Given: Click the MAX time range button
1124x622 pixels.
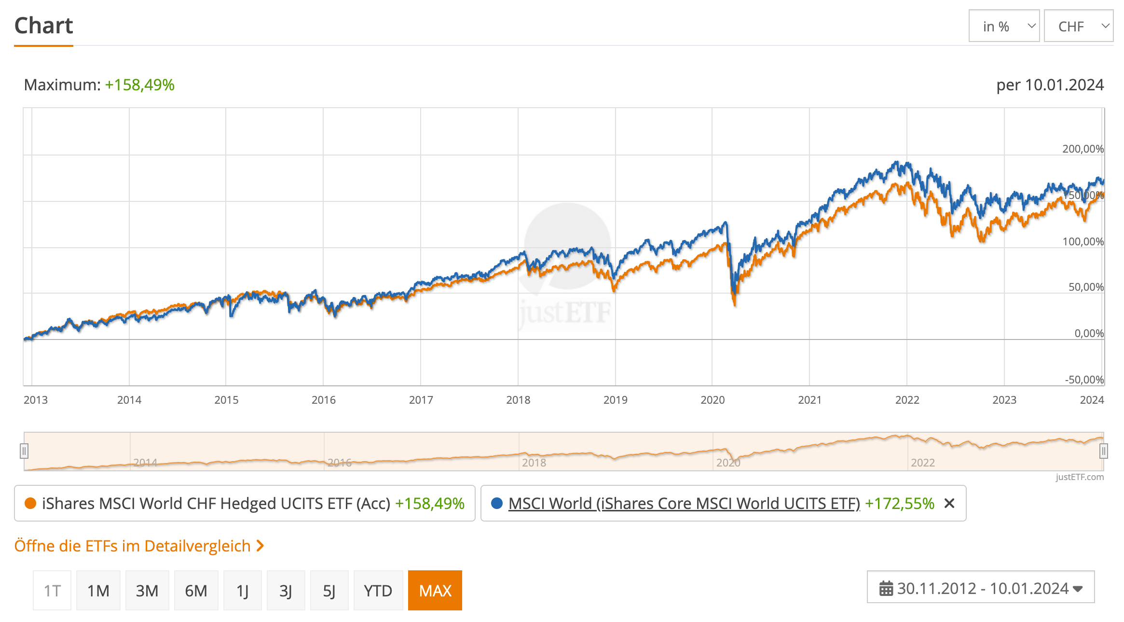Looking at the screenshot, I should click(x=435, y=591).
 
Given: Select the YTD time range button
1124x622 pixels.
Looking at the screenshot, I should click(x=378, y=591).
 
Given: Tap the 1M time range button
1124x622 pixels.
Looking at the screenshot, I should click(x=98, y=591).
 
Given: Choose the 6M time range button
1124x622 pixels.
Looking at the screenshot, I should click(x=196, y=591).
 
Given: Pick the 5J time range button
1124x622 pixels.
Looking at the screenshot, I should click(x=329, y=591).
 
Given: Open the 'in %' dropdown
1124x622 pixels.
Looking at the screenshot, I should click(x=1003, y=26).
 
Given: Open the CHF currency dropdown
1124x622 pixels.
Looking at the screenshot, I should click(x=1078, y=26).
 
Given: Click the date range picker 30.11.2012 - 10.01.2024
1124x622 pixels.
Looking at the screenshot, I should click(x=980, y=588).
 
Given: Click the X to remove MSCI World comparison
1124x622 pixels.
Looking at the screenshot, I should click(x=949, y=503).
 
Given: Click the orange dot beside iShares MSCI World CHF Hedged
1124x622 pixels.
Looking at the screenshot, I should click(x=30, y=503).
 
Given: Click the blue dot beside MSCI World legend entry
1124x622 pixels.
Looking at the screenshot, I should click(x=496, y=503).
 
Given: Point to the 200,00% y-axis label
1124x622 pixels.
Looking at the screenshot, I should click(x=1083, y=149).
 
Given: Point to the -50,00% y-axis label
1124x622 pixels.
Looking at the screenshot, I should click(x=1084, y=380).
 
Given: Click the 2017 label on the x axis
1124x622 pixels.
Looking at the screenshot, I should click(x=421, y=400).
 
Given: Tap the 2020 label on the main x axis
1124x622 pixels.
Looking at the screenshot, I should click(x=713, y=400).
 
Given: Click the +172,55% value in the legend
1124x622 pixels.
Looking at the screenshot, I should click(x=899, y=503).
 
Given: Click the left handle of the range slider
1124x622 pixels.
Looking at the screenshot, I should click(x=24, y=451).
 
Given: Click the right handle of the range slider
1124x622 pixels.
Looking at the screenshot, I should click(x=1103, y=451).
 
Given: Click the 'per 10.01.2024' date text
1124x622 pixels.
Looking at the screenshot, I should click(x=1050, y=85).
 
